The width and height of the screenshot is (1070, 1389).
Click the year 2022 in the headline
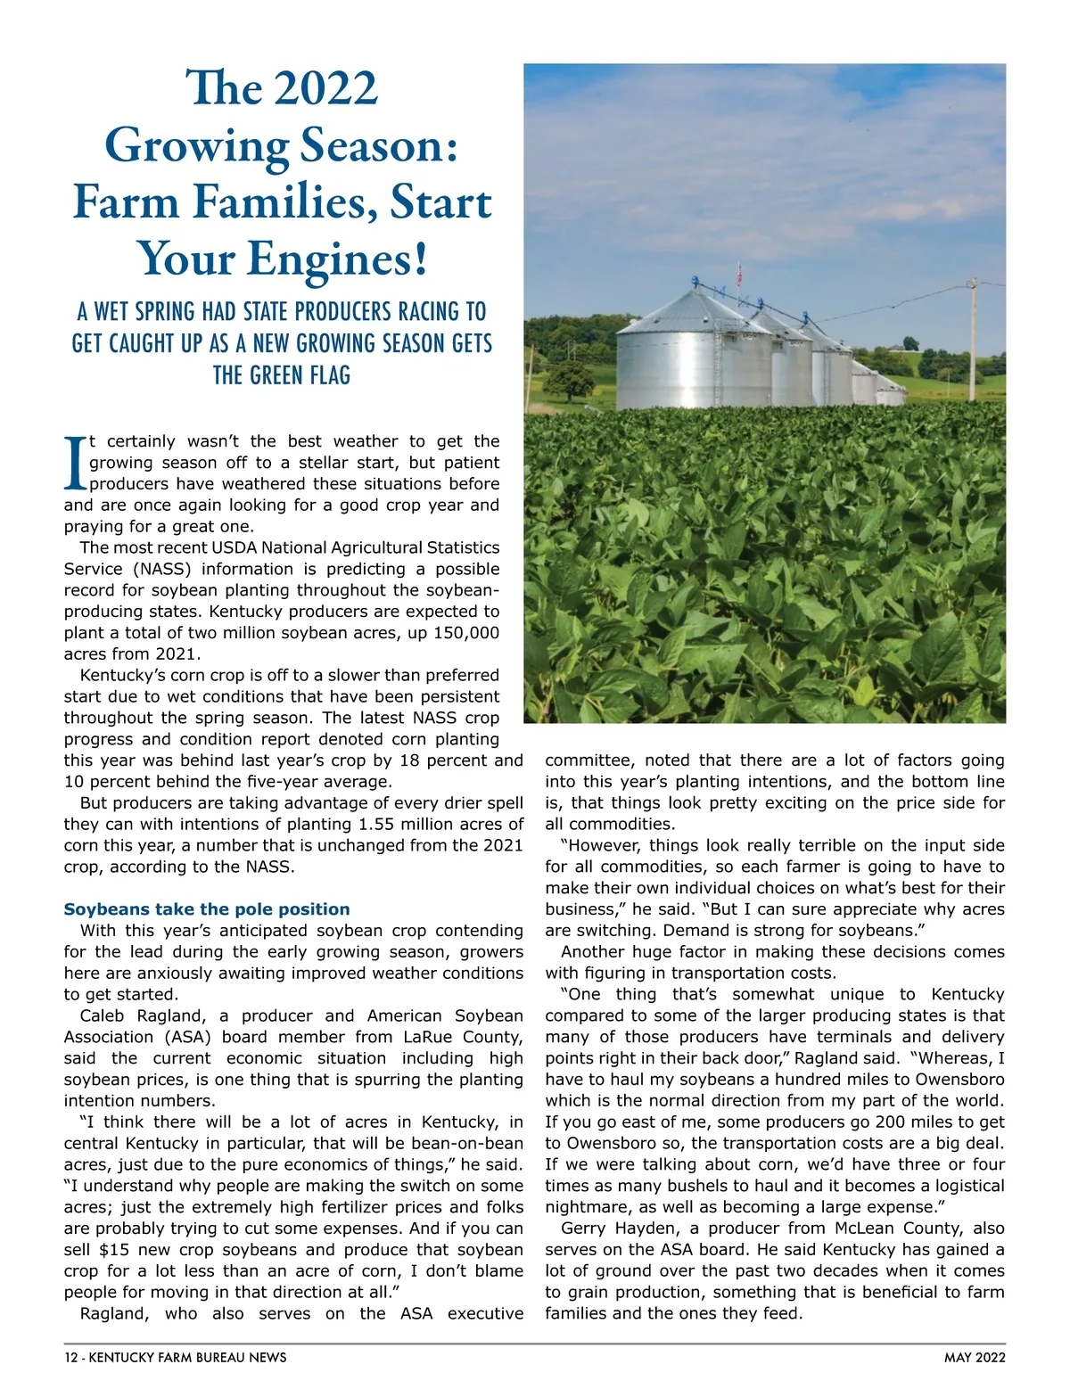326,89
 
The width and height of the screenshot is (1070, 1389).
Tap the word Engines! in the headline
339,259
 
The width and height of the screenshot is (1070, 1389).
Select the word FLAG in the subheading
330,375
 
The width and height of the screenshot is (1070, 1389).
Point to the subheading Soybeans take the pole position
207,909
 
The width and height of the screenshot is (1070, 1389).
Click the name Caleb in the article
104,1015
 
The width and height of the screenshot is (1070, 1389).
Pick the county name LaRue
432,1037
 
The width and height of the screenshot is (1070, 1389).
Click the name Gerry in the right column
584,1229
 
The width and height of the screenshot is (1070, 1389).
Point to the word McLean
865,1229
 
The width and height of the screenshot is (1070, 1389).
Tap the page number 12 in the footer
71,1358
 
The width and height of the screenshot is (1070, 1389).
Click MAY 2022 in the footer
975,1358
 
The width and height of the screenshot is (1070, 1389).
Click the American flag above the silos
738,270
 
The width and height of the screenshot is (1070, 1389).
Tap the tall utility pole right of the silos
974,339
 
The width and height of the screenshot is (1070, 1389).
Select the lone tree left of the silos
569,379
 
